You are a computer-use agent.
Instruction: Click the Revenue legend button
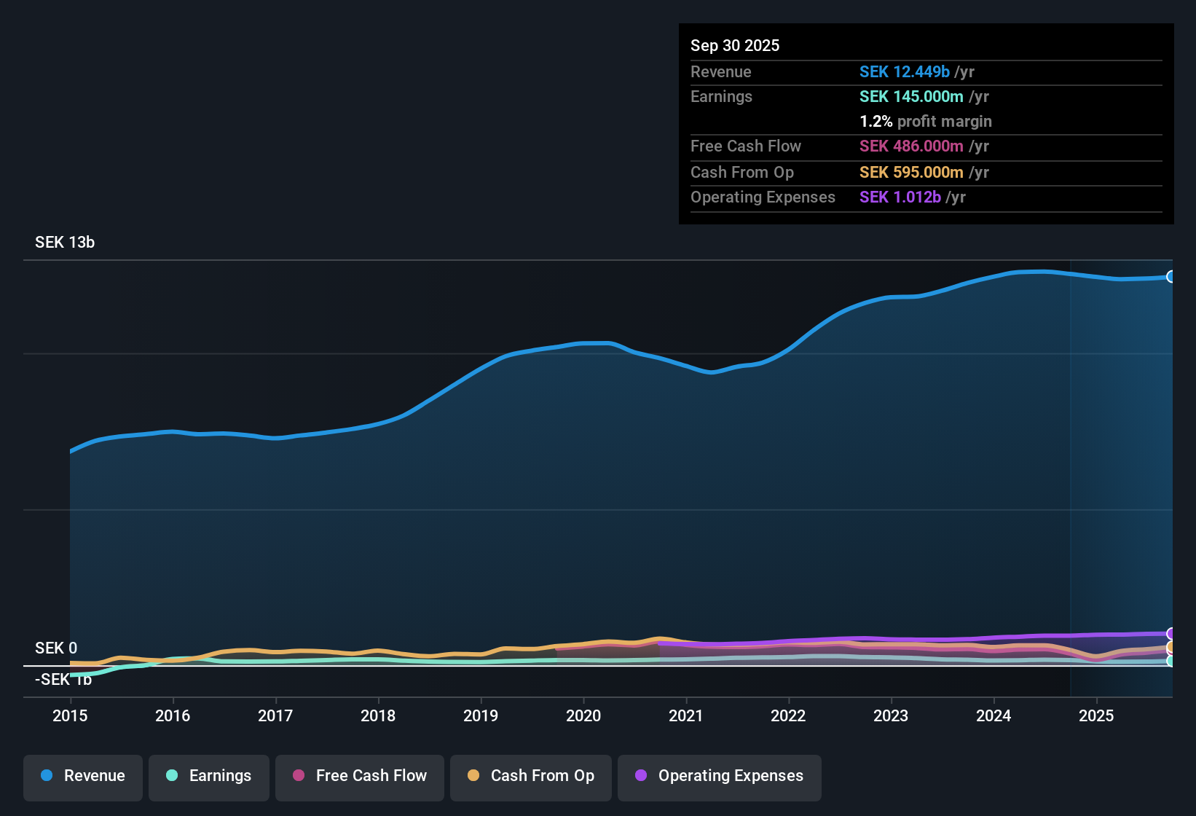coord(83,776)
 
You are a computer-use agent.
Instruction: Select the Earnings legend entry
coord(208,776)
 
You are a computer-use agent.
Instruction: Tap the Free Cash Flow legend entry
coord(360,776)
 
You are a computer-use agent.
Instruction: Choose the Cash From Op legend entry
coord(531,776)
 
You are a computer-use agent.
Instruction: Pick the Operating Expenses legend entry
coord(720,776)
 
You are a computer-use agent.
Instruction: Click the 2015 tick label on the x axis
coord(70,715)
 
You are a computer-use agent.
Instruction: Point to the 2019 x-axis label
coord(481,715)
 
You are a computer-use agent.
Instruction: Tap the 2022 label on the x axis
coord(788,715)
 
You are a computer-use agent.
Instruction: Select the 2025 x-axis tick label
coord(1096,715)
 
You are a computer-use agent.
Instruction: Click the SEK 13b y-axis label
coord(65,243)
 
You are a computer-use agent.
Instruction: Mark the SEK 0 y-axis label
coord(56,648)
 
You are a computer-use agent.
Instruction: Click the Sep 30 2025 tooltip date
coord(735,46)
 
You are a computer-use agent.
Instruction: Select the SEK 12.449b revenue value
coord(904,72)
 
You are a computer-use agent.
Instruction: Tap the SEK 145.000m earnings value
coord(911,97)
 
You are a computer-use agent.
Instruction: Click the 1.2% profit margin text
coord(926,122)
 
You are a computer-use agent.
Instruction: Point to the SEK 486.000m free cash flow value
coord(911,146)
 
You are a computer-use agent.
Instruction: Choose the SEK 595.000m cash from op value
coord(911,173)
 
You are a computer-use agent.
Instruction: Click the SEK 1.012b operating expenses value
coord(900,197)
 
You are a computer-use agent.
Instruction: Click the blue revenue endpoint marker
coord(1171,277)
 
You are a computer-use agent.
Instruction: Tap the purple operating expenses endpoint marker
coord(1171,633)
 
